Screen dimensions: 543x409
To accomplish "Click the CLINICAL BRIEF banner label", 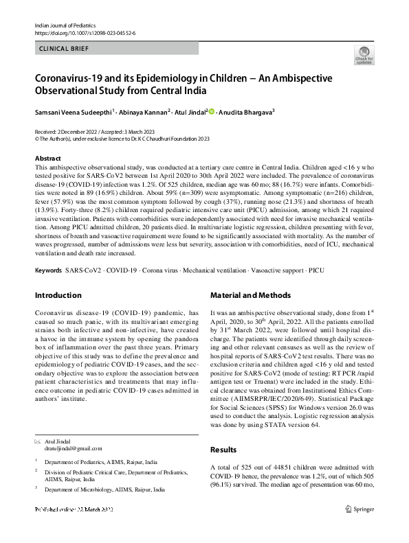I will pos(65,49).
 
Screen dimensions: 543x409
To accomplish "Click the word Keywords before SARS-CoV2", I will pos(48,270).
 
